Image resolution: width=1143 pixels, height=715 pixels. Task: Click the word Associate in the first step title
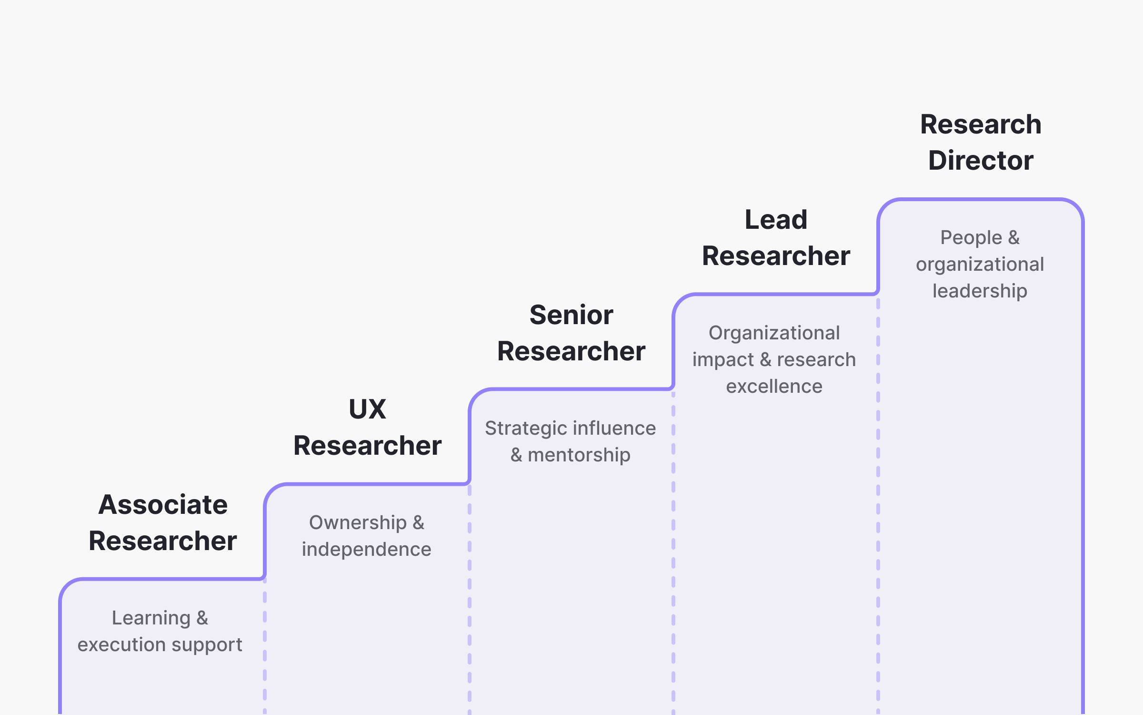[x=163, y=505]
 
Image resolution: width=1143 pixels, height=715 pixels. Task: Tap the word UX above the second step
[x=367, y=409]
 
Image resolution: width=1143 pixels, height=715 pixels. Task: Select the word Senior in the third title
[x=571, y=315]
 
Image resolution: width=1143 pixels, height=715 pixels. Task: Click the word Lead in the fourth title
[x=776, y=220]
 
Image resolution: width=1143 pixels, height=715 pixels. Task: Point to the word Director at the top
[x=981, y=160]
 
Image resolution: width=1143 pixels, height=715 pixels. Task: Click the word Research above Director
[x=981, y=124]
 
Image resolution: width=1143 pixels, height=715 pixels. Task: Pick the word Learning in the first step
[x=151, y=618]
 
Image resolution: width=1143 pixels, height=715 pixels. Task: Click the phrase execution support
[x=160, y=645]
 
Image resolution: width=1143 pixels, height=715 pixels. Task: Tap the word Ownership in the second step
[x=358, y=523]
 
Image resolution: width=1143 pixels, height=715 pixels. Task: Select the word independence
[x=366, y=550]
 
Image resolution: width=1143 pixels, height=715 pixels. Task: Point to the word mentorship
[x=579, y=455]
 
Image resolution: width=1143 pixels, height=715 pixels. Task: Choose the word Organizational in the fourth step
[x=774, y=333]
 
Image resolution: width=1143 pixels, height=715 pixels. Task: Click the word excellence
[x=774, y=387]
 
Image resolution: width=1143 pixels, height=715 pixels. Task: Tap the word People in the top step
[x=971, y=238]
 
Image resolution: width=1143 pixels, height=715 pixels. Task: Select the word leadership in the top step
[x=980, y=291]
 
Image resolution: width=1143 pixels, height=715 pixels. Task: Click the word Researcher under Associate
[x=163, y=541]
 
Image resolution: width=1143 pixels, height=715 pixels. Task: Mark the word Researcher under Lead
[x=776, y=256]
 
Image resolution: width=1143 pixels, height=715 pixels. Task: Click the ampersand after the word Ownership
[x=418, y=523]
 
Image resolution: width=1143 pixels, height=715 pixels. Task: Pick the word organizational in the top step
[x=980, y=265]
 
